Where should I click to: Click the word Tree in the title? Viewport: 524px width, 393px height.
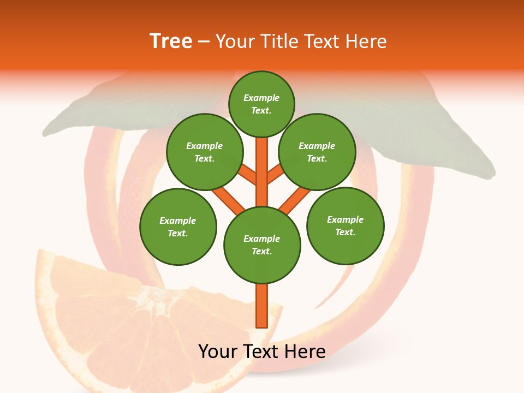click(171, 41)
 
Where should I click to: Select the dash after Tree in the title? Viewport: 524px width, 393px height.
click(204, 42)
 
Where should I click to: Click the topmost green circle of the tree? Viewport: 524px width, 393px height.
click(261, 104)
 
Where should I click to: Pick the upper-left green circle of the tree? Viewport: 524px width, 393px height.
click(205, 152)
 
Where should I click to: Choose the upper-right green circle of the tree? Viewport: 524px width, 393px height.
click(317, 152)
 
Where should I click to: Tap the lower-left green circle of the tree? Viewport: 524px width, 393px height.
click(178, 227)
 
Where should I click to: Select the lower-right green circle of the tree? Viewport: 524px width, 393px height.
click(346, 225)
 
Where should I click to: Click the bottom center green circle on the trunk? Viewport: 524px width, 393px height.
click(262, 245)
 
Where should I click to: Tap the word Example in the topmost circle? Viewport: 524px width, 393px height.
click(261, 98)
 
